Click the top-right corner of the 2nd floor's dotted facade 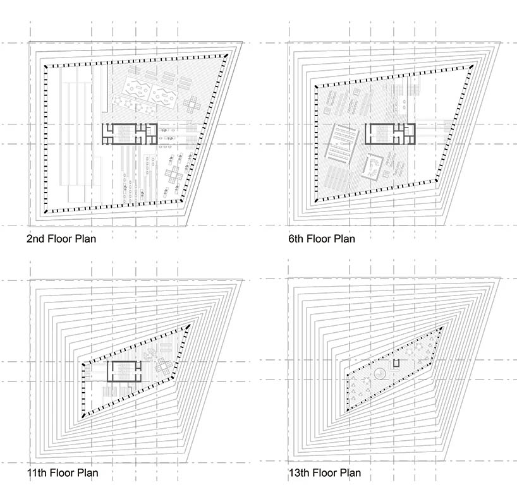click(226, 55)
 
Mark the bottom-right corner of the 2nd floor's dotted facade click(181, 200)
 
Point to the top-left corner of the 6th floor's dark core click(366, 124)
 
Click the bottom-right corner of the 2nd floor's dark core click(157, 144)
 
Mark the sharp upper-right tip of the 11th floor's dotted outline click(190, 325)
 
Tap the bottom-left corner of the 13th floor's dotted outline click(347, 410)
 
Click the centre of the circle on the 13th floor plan click(380, 373)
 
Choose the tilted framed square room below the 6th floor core click(374, 167)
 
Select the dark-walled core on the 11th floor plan click(124, 371)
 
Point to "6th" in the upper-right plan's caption click(296, 239)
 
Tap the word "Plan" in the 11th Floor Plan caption click(87, 473)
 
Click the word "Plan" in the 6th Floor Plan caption click(345, 239)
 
